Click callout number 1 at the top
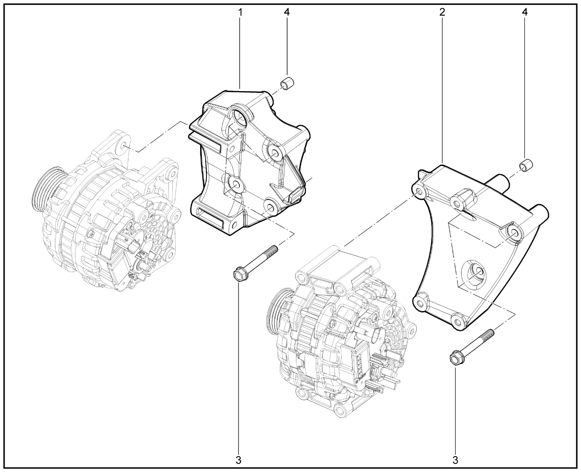(240, 12)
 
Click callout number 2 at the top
(442, 12)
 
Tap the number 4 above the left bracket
(287, 12)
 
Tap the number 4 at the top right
(525, 12)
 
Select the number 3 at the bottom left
(238, 460)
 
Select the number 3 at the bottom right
(455, 460)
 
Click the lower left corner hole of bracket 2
(421, 302)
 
